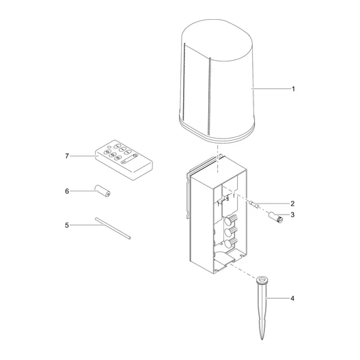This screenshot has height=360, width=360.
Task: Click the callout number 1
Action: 293,89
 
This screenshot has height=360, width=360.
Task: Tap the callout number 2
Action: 292,204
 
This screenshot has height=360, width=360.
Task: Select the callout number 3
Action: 292,215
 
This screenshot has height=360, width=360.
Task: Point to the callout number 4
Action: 292,299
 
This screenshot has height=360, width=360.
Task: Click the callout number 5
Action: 67,224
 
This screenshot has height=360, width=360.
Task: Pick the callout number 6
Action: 67,191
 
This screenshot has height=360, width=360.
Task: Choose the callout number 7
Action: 67,156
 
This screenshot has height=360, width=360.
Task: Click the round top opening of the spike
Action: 262,279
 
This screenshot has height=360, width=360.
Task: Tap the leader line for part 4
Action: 279,299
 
